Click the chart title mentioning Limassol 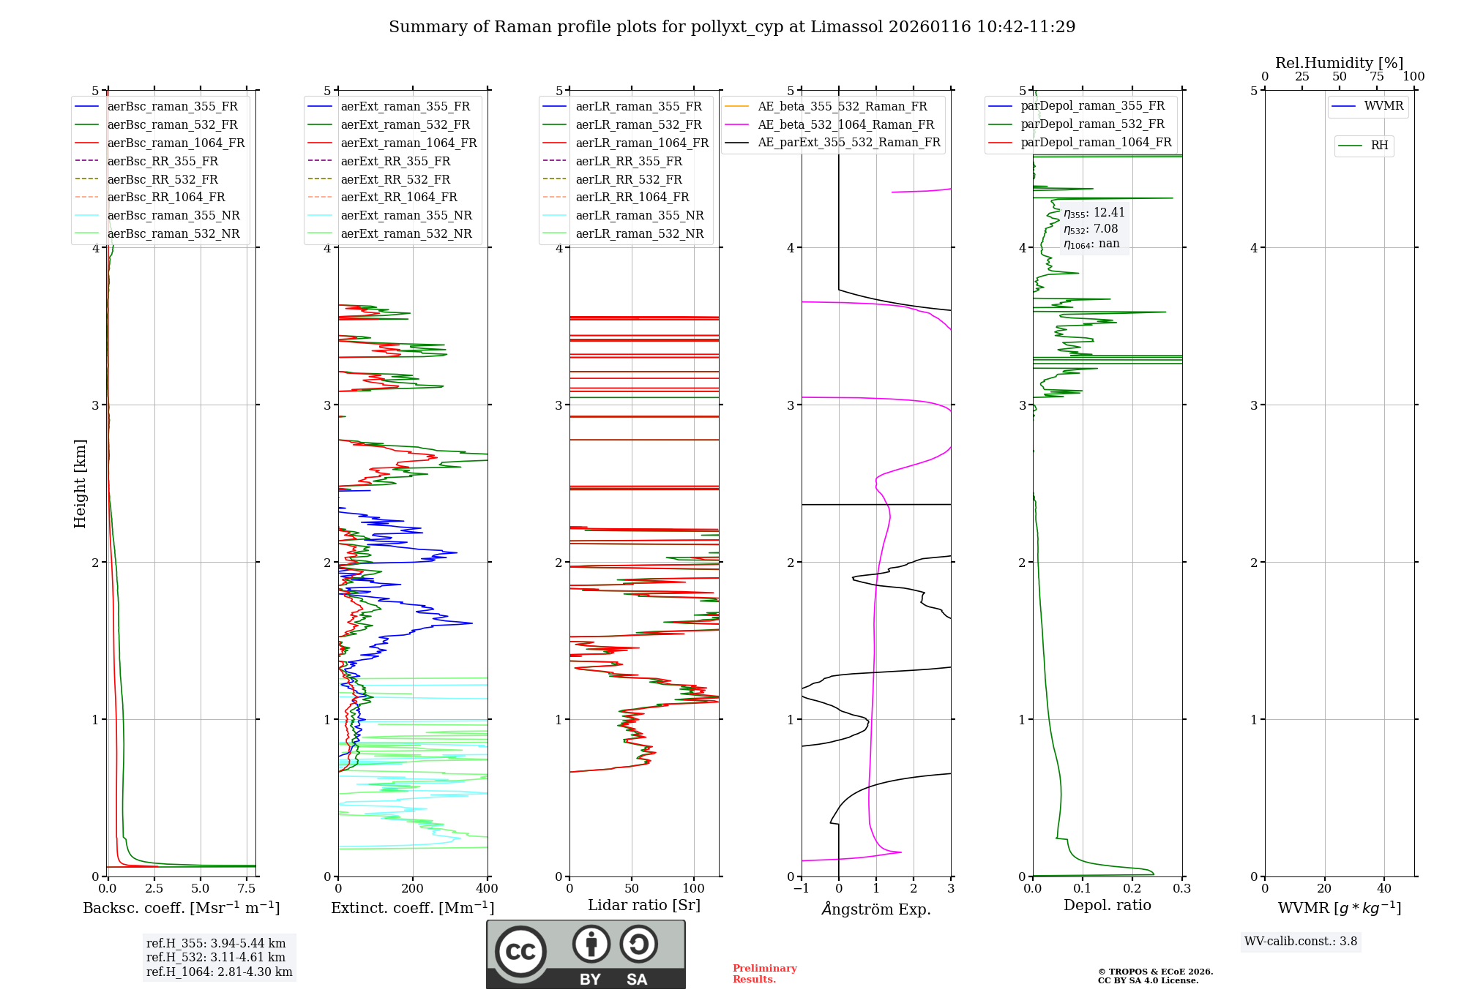732,27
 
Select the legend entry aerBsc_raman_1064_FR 176,143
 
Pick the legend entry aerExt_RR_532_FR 395,179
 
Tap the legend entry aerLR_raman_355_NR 639,215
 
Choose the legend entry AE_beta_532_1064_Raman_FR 845,124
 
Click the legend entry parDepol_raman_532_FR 1092,124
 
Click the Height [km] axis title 80,484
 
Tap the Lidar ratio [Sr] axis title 644,905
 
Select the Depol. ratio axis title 1108,905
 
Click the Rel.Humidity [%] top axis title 1340,63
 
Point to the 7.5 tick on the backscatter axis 247,889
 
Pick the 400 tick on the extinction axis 488,889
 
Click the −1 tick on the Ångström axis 801,889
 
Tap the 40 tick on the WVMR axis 1384,889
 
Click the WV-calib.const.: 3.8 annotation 1301,942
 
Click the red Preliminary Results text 764,974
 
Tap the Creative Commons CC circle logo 520,952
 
